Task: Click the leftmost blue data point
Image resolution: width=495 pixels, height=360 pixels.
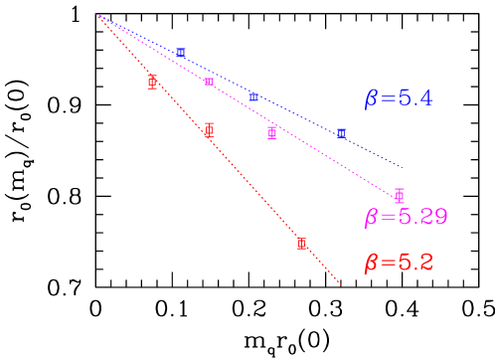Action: point(181,52)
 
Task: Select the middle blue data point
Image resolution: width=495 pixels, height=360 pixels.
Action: point(253,96)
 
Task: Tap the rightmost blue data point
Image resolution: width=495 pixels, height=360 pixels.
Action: point(341,132)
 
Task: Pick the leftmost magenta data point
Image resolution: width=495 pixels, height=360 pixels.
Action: point(209,82)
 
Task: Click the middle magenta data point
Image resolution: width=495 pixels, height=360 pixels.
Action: point(272,131)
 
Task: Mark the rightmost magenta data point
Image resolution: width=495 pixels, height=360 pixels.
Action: point(400,195)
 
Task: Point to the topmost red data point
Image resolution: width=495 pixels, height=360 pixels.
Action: point(152,81)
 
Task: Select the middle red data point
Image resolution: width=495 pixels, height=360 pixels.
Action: point(209,130)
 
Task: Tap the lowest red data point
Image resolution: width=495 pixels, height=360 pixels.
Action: point(302,244)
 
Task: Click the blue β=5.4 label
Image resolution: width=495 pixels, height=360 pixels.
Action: point(399,98)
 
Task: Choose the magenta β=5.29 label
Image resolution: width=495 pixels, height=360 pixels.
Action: point(406,217)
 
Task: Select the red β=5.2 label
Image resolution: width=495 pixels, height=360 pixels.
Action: point(399,264)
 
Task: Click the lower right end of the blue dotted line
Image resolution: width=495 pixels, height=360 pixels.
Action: point(403,167)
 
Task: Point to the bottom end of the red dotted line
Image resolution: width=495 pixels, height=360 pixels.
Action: point(341,285)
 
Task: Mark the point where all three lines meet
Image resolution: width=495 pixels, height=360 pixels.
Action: point(97,15)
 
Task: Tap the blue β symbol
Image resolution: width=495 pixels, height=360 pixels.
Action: point(371,99)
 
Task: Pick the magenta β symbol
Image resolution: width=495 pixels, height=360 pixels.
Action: point(371,218)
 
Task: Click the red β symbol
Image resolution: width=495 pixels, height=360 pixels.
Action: point(371,265)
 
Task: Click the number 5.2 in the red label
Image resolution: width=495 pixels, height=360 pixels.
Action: point(415,263)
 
